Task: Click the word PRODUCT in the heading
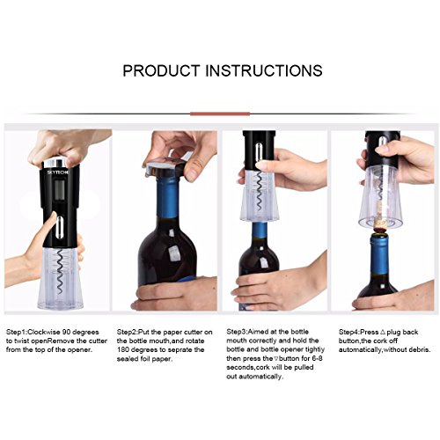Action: [161, 70]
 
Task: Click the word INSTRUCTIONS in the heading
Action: [264, 70]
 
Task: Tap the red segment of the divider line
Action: [220, 114]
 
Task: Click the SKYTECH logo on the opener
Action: [58, 172]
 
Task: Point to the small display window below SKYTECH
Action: [61, 189]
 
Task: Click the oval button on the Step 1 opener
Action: [61, 227]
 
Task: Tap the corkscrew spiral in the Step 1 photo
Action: [60, 271]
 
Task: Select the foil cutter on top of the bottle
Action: [165, 167]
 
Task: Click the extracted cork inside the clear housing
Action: [381, 216]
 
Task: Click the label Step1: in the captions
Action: [17, 333]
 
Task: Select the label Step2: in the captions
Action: [128, 333]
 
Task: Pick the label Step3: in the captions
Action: [237, 332]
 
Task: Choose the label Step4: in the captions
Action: [349, 333]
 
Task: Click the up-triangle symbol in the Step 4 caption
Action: [382, 332]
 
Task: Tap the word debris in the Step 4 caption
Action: [417, 349]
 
